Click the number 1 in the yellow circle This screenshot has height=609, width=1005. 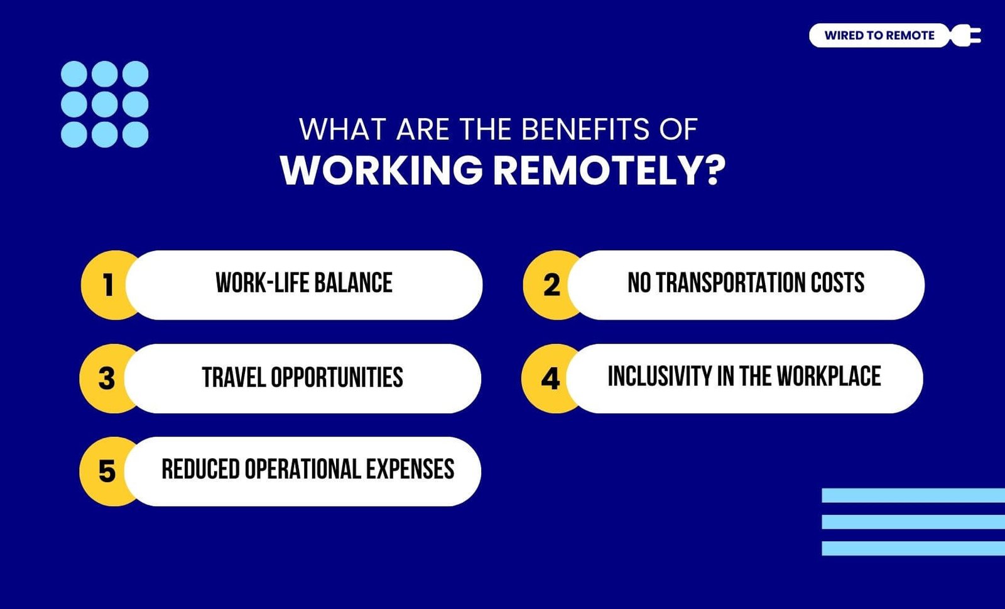coord(108,285)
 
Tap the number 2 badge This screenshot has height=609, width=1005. coord(551,285)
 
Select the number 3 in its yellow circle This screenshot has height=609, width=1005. coord(107,378)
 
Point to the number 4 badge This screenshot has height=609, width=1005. coord(550,378)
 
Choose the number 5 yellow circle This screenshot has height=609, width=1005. coord(107,472)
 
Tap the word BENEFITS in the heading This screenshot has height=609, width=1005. coord(585,129)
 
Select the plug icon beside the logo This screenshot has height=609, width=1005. coord(965,35)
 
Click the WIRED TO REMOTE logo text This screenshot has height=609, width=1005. coord(879,35)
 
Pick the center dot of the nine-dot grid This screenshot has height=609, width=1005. coord(104,104)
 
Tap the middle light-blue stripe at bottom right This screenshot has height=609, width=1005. coord(913,522)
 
